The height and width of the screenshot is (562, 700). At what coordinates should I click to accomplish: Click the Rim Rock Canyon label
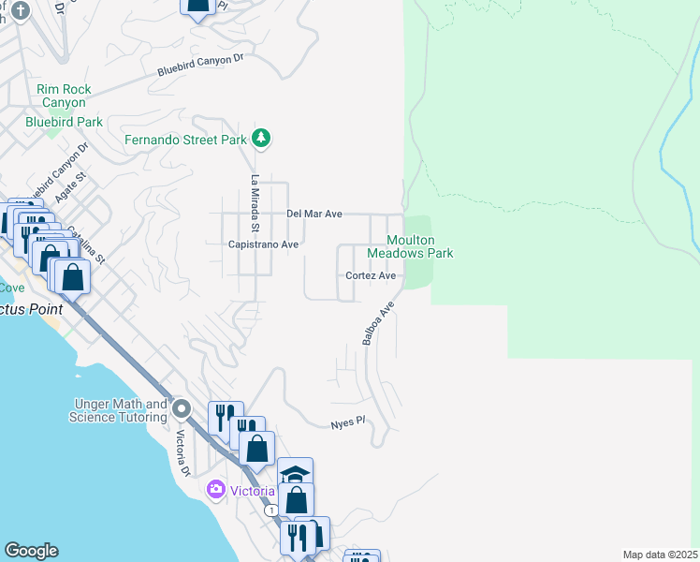coord(64,96)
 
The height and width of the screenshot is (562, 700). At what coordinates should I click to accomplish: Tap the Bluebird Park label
coord(64,122)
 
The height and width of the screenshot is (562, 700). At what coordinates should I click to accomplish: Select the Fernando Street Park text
coord(186,140)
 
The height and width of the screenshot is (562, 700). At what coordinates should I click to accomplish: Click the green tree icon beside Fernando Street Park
coord(262,140)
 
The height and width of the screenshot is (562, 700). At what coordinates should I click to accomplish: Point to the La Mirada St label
coord(254,203)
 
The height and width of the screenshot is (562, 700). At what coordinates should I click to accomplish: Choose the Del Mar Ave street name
coord(314,214)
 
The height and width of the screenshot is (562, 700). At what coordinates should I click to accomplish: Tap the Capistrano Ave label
coord(263,244)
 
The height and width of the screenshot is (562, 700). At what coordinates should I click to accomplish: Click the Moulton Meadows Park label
coord(410,247)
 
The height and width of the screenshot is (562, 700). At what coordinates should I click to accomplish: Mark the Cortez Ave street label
coord(371,275)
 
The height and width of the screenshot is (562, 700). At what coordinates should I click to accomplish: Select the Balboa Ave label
coord(377,324)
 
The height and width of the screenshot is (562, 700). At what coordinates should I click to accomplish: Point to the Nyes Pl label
coord(345,424)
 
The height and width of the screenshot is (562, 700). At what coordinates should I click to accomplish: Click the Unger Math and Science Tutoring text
coord(118,410)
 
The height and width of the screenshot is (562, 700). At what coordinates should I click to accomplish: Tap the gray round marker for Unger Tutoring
coord(182,409)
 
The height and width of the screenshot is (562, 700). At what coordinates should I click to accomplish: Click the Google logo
coord(31,551)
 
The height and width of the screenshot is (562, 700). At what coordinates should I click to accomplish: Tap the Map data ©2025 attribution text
coord(660,555)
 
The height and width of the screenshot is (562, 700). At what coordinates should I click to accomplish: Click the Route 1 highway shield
coord(270,511)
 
